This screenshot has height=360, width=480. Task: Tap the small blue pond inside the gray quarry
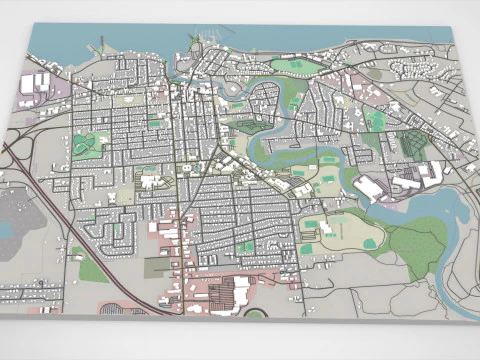(x=8, y=229)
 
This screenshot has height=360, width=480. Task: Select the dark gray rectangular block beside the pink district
(x=157, y=267)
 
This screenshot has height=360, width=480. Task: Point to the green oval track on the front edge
(x=255, y=313)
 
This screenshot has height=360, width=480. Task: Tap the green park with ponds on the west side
(x=88, y=146)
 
